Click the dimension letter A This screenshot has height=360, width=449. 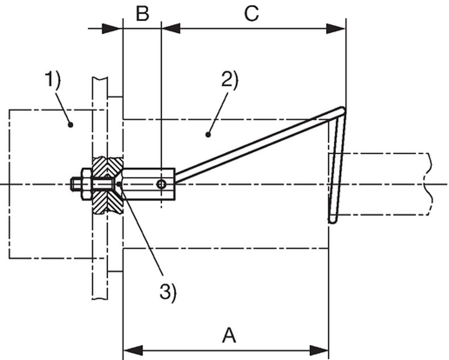tap(228, 335)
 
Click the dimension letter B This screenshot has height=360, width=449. tap(142, 14)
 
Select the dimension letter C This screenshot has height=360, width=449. tap(251, 14)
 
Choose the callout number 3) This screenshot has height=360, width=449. tap(168, 292)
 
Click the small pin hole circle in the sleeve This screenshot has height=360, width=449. tap(162, 184)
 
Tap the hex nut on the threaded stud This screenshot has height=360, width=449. tap(86, 184)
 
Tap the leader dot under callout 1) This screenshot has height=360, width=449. tap(70, 124)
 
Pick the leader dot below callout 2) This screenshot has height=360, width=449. tap(208, 135)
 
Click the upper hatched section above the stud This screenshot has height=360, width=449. tap(106, 166)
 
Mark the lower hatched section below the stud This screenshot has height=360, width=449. tap(106, 202)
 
